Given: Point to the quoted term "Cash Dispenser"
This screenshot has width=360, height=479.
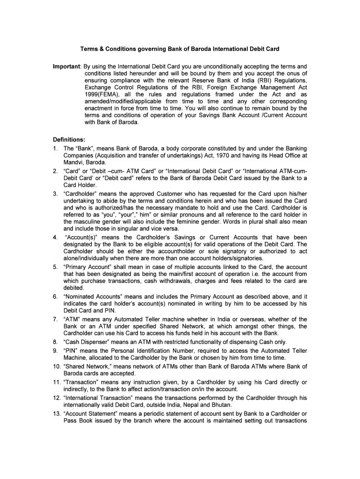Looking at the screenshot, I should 86,341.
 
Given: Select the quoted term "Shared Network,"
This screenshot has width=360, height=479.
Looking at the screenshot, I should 87,366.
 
